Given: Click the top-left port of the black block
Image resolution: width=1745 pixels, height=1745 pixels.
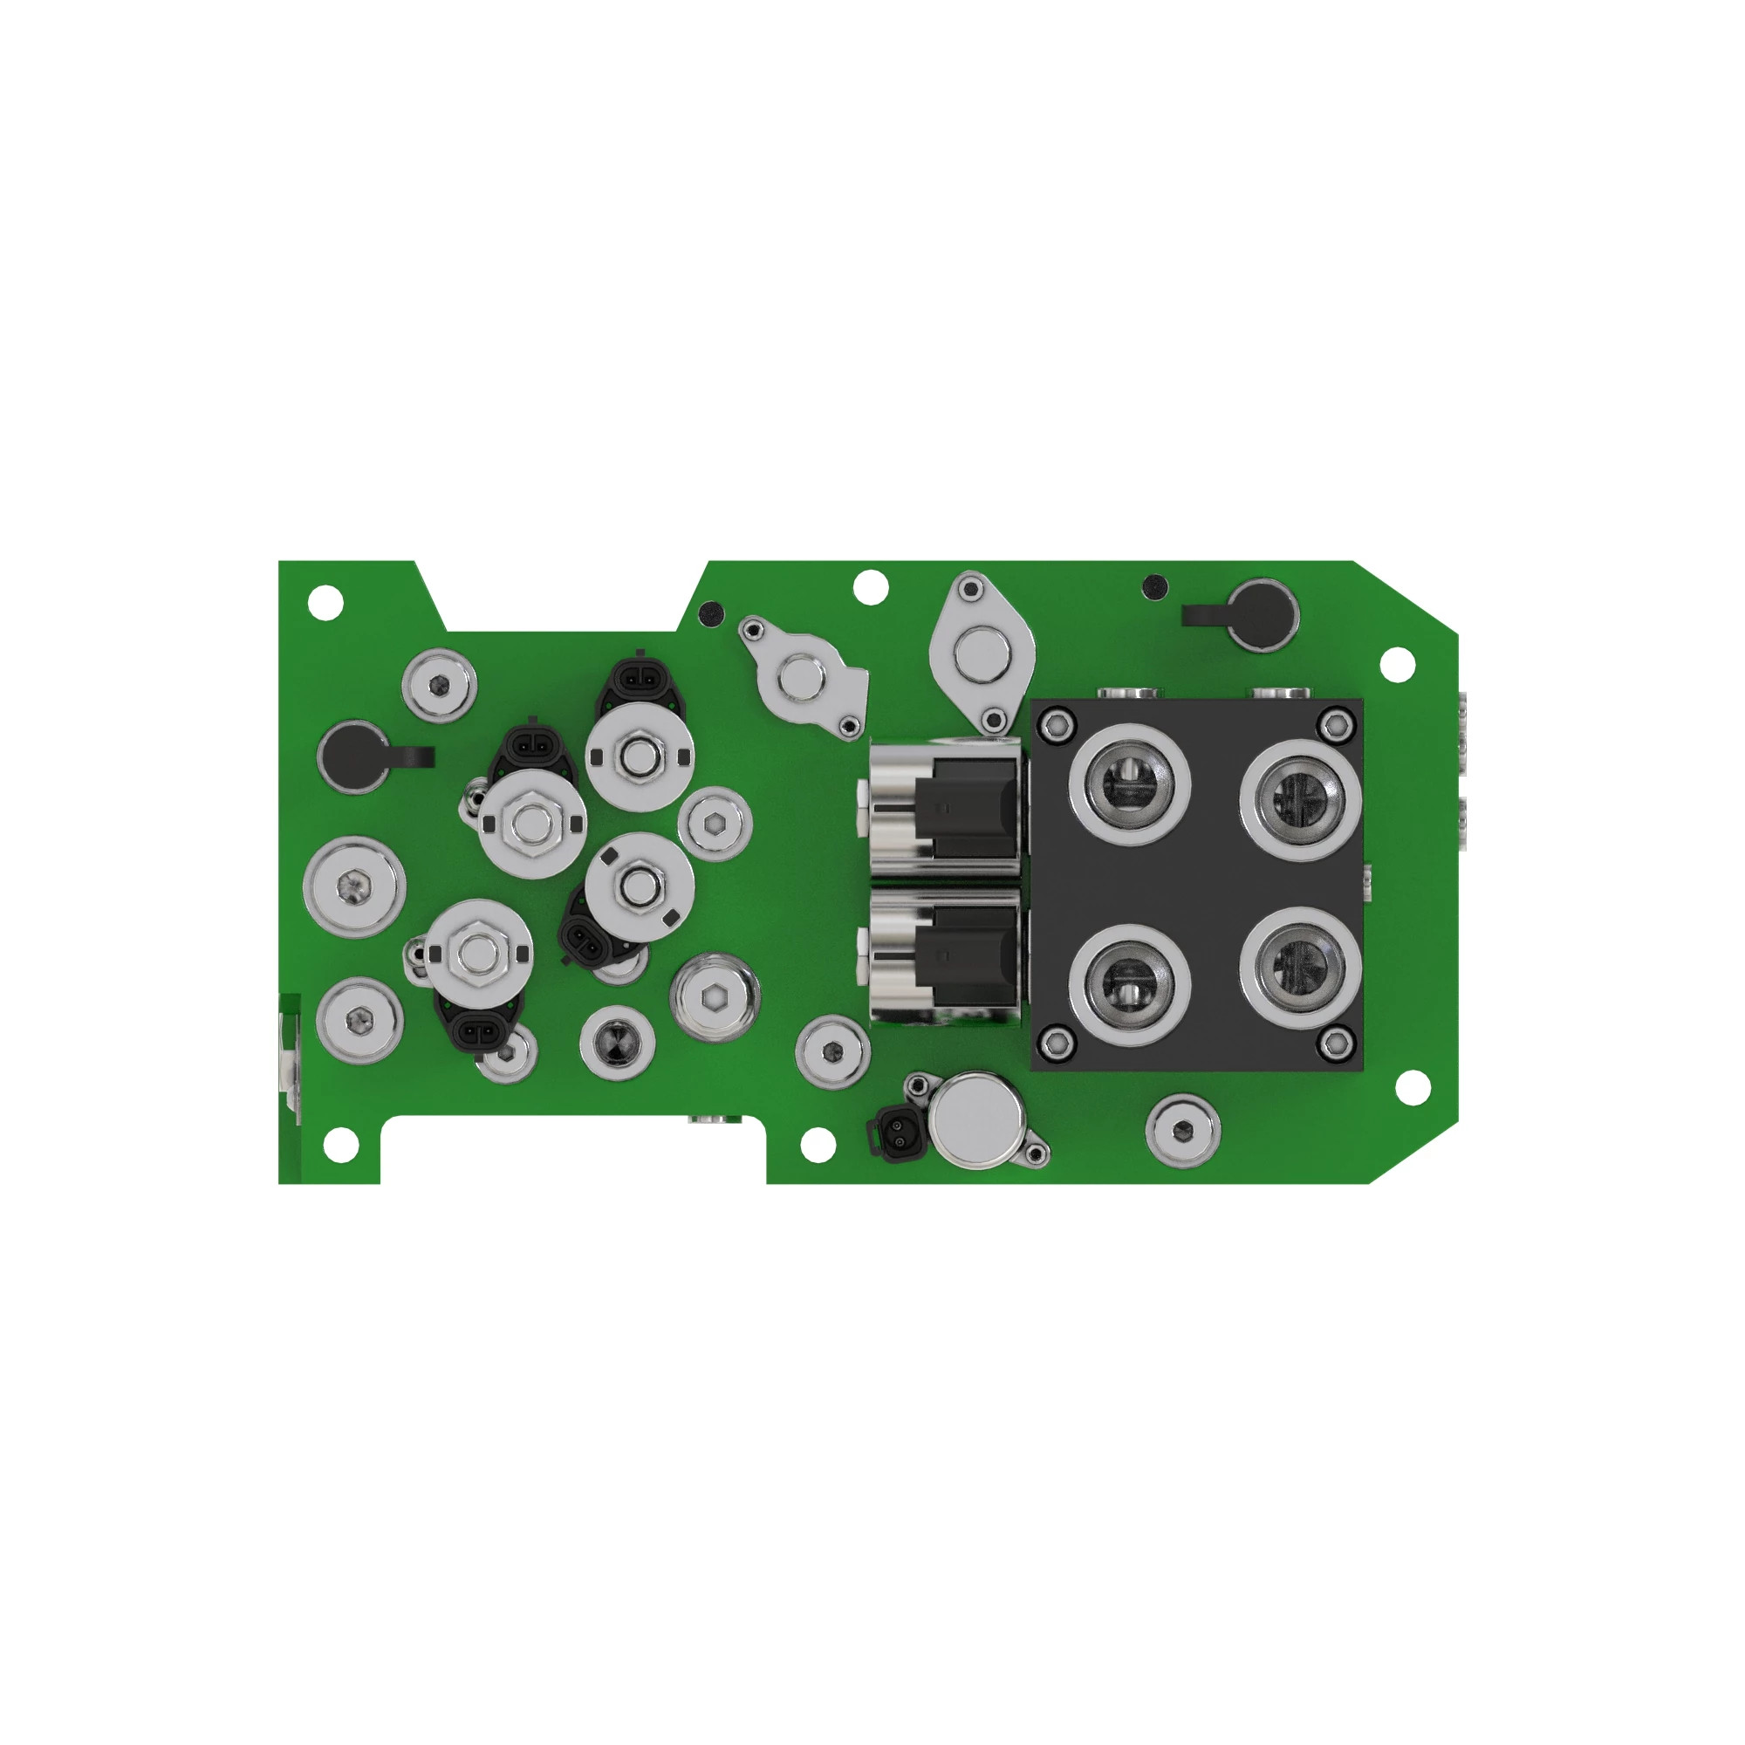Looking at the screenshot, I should [1129, 784].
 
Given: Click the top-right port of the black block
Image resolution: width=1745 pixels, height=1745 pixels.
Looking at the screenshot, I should [1300, 799].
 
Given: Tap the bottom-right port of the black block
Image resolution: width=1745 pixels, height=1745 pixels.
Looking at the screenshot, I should [1300, 968].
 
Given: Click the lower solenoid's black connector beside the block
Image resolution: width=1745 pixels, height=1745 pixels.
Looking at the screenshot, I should [965, 955].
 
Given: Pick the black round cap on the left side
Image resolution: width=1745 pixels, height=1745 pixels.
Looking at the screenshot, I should [354, 756].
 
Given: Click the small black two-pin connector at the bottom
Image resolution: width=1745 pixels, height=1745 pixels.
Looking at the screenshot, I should [898, 1135].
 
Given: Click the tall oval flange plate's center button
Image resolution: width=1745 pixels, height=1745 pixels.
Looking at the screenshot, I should [982, 656].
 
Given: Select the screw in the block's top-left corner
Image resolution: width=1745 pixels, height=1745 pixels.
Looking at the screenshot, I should [1055, 722].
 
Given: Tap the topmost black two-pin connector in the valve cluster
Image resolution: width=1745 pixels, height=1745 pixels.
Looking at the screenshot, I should [640, 674].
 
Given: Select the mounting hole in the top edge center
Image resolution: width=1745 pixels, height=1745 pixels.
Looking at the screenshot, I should [871, 587].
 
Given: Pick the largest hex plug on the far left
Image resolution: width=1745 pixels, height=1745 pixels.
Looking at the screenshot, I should [354, 887].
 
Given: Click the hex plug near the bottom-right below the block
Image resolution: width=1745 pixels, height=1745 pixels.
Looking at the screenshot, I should [1182, 1129].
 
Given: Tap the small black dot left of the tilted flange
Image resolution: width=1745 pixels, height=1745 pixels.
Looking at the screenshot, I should [712, 612].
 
